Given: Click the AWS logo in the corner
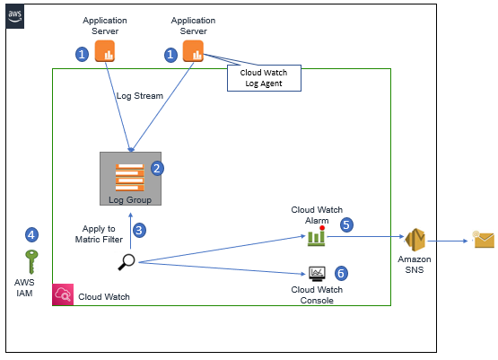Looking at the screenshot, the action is pos(15,16).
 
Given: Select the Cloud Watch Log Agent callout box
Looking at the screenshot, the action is pos(264,78).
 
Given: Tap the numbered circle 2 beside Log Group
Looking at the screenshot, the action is pos(157,169).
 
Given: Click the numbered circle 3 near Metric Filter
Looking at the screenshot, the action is pos(139,231).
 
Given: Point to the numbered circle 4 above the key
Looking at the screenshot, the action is pos(31,235).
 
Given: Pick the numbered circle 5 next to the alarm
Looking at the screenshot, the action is pos(346,225).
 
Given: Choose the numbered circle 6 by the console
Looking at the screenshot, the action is pos(341,273).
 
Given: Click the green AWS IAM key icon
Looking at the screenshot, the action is pos(31,262).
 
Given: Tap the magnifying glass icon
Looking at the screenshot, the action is pos(127,262).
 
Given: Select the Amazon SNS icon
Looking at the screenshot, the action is pos(415,240).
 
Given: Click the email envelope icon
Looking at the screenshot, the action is pos(483,240).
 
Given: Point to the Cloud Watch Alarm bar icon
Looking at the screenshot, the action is pos(317,237).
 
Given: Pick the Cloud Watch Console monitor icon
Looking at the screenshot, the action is pos(317,274).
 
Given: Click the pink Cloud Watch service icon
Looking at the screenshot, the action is pos(63,294).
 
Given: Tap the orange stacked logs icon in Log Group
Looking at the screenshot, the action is pos(129,177).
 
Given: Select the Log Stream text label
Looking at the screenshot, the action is pos(139,96).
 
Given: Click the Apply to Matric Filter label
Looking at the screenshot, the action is pos(99,234).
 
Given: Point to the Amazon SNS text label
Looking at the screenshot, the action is pos(415,265).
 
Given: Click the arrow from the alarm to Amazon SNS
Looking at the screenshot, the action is pos(365,236).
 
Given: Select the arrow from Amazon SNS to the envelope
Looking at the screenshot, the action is pos(448,241).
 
